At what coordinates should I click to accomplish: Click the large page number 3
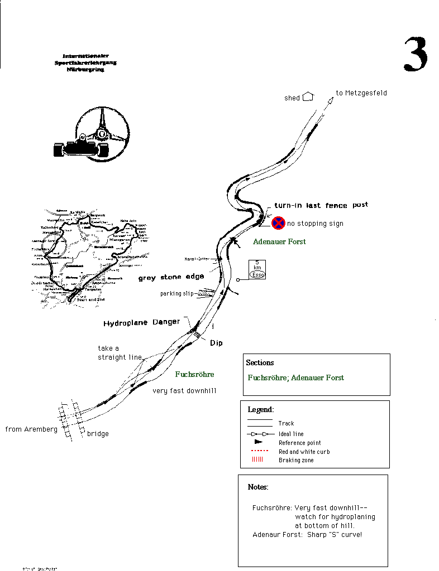point(416,55)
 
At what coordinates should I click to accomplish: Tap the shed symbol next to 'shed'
point(308,97)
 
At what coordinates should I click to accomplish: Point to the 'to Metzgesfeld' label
point(361,93)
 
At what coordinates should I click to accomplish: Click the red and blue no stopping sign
point(278,224)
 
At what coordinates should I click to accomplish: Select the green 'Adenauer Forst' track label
point(279,242)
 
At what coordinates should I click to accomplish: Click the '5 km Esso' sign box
point(257,269)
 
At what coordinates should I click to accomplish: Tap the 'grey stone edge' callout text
point(171,277)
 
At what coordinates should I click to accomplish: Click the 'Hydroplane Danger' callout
point(142,322)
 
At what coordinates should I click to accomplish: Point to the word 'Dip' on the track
point(216,343)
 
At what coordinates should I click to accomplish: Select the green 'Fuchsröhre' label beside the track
point(194,374)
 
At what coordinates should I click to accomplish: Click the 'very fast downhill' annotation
point(184,391)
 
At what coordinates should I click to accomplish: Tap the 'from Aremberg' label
point(31,429)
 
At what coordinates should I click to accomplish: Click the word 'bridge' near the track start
point(98,434)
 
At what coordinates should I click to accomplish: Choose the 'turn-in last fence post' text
point(321,206)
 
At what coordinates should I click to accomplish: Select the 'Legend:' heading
point(261,410)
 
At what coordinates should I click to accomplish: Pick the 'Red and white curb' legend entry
point(304,452)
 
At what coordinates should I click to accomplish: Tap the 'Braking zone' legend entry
point(296,460)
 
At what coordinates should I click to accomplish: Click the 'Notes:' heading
point(258,487)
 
